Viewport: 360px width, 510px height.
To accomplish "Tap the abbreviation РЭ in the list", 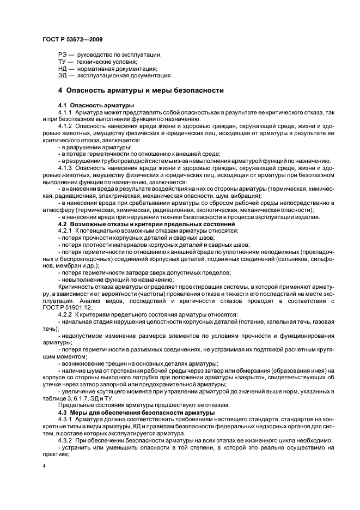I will click(63, 55).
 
